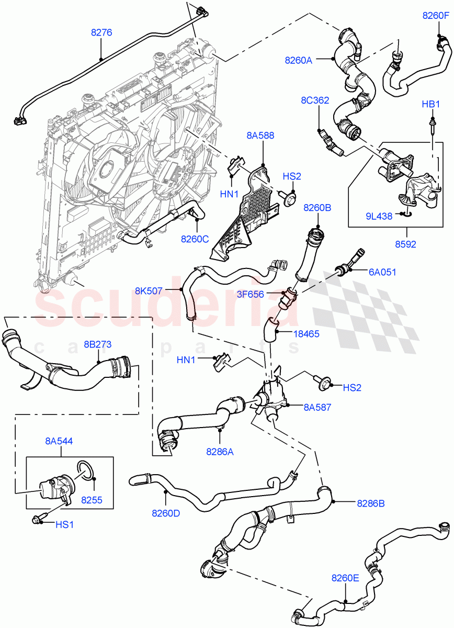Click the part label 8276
tap(101, 32)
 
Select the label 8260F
tap(436, 16)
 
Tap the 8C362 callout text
tap(314, 100)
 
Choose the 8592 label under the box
tap(406, 244)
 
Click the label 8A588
tap(260, 136)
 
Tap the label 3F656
tap(265, 295)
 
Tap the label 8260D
tap(166, 513)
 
